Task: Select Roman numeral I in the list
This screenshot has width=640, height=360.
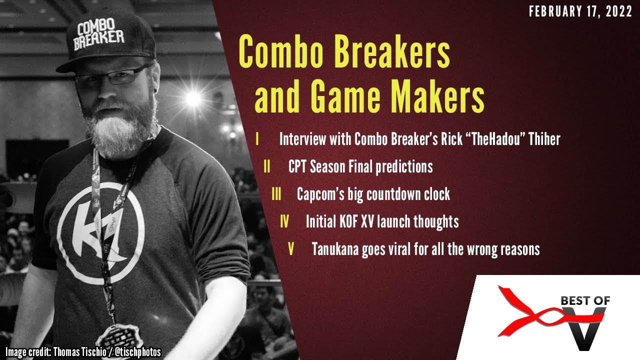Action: point(257,139)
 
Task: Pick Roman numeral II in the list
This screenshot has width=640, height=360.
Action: point(267,166)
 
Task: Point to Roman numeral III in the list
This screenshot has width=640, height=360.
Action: point(276,194)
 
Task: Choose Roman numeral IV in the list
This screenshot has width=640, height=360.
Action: point(284,221)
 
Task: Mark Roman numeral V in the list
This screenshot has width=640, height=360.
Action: point(291,248)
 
